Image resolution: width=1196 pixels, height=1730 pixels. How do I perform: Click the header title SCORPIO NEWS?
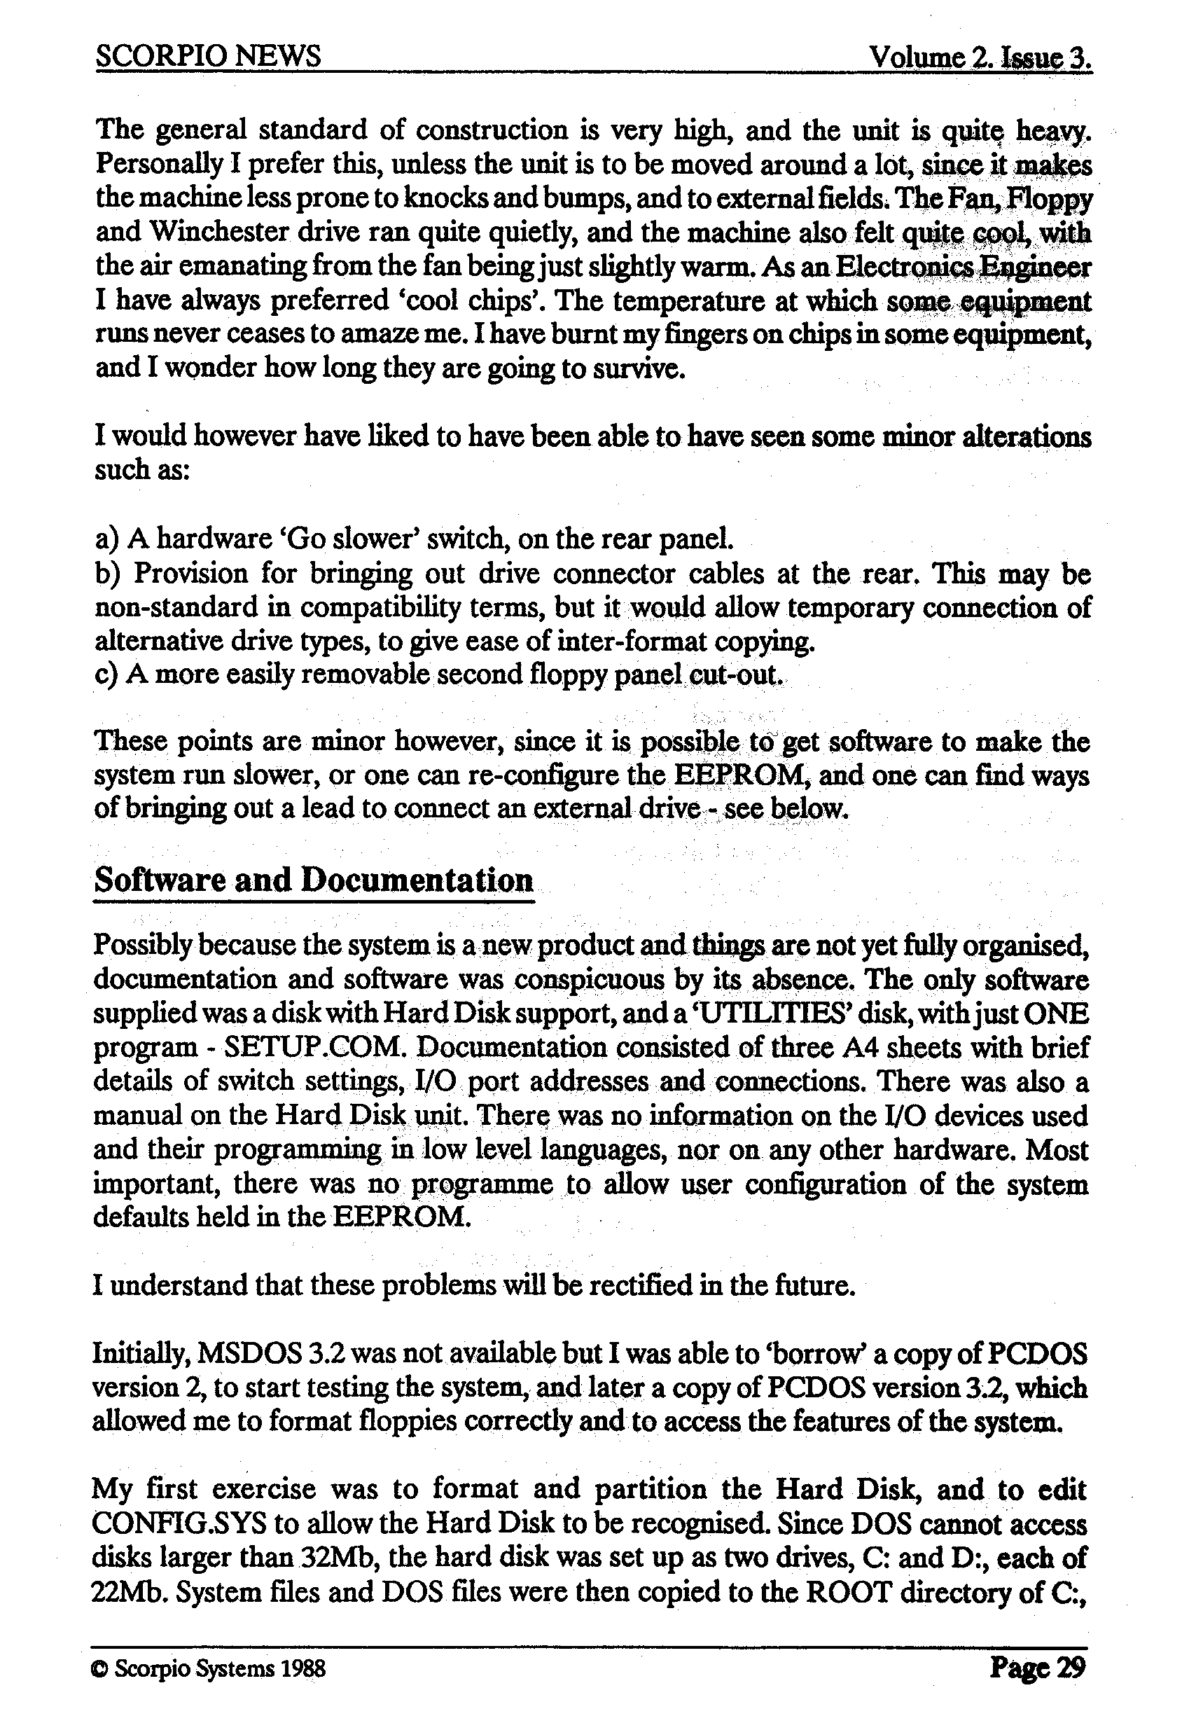[x=209, y=56]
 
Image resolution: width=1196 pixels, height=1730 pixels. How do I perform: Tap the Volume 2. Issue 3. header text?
[x=980, y=57]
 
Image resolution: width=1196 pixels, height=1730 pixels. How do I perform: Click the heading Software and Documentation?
[x=313, y=880]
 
